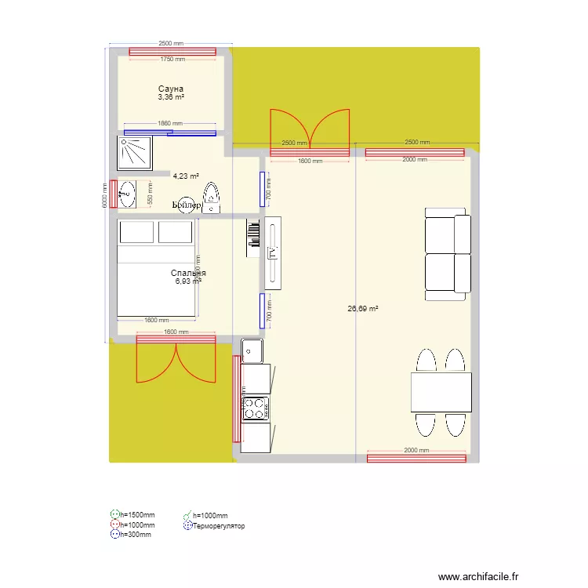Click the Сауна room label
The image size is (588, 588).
coord(170,89)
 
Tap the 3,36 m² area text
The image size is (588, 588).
coord(171,97)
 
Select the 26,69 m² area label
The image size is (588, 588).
coord(363,309)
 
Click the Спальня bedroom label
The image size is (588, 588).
coord(188,273)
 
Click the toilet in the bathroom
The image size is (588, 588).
coord(212,198)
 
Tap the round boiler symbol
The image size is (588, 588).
coord(187,204)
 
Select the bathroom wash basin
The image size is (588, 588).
coord(127,194)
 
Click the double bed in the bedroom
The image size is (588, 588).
coord(156,269)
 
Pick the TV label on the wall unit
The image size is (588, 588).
coord(273,252)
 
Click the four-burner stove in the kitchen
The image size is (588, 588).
coord(255,408)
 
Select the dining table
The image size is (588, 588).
coord(441,392)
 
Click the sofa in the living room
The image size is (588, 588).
coord(448,253)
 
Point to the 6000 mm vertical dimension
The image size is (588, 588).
coord(104,196)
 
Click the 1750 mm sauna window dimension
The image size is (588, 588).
coord(172,59)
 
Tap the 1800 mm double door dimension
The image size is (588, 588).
coord(310,162)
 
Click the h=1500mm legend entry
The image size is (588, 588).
coord(136,515)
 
